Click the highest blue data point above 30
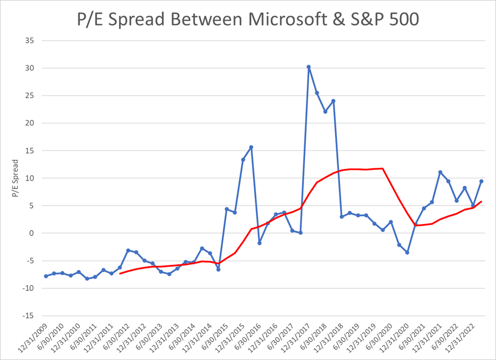point(309,67)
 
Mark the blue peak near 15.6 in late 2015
point(251,147)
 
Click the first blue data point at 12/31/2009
point(46,276)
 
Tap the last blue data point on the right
point(481,182)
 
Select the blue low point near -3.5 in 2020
point(407,252)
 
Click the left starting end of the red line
point(120,274)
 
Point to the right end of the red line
point(481,201)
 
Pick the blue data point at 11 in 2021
point(440,172)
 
